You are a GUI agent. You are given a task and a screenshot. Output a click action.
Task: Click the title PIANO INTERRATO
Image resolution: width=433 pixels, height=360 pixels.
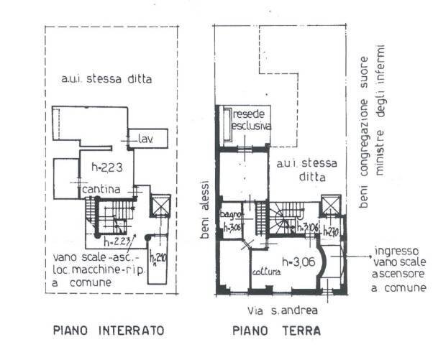tap(109, 331)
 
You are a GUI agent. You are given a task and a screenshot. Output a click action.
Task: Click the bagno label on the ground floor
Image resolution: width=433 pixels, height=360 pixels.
tap(234, 215)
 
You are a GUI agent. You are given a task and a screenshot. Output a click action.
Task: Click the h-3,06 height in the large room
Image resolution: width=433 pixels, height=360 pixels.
tap(300, 261)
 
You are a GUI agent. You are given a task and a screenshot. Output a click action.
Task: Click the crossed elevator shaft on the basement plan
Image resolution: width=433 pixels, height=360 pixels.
tap(160, 206)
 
